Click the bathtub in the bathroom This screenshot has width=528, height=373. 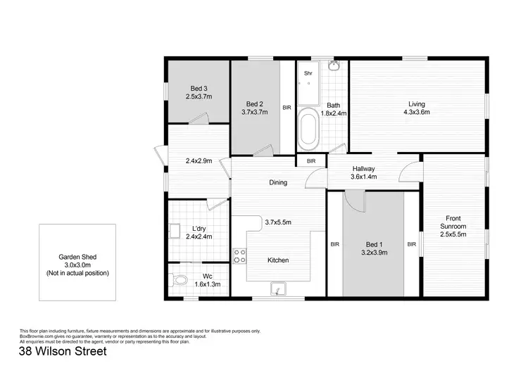click(x=308, y=129)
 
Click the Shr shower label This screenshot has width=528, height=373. click(x=308, y=72)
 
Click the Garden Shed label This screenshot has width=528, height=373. click(x=77, y=257)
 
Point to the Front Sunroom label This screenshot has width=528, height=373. click(x=452, y=222)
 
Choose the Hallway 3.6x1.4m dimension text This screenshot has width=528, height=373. click(x=364, y=177)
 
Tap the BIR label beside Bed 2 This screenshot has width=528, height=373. click(x=287, y=108)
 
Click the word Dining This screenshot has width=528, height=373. click(x=278, y=183)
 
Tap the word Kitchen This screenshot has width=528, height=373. click(x=278, y=260)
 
